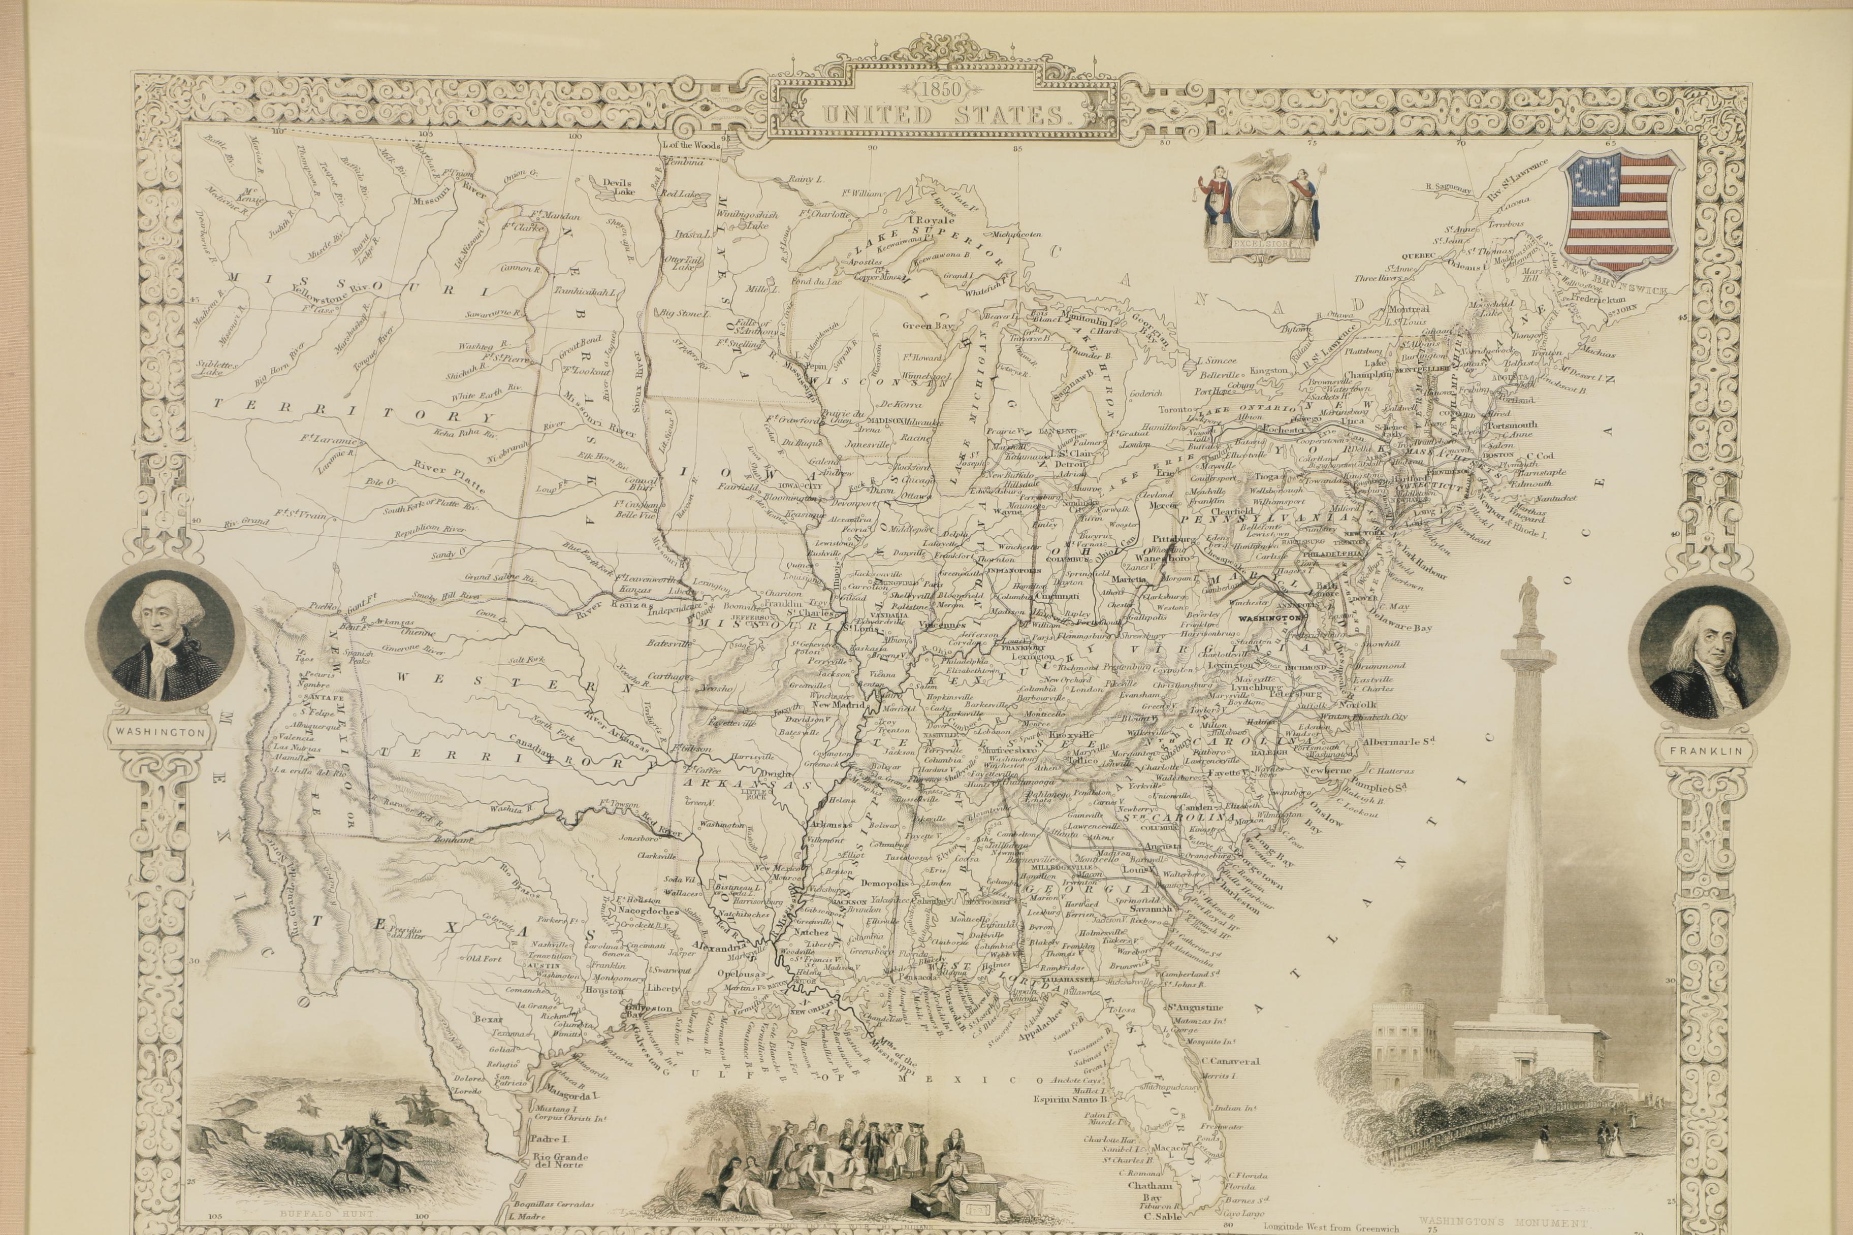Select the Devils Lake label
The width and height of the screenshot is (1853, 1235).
pyautogui.click(x=618, y=186)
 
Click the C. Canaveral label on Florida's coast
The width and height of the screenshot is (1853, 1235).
pyautogui.click(x=1230, y=1061)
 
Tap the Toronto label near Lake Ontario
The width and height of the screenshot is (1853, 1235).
pyautogui.click(x=1176, y=410)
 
